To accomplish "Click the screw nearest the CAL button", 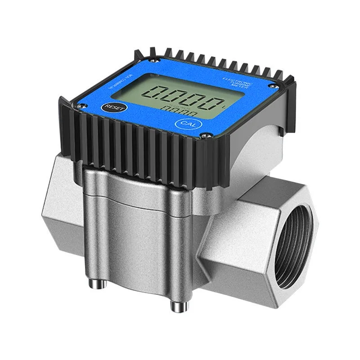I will click(205, 135).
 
